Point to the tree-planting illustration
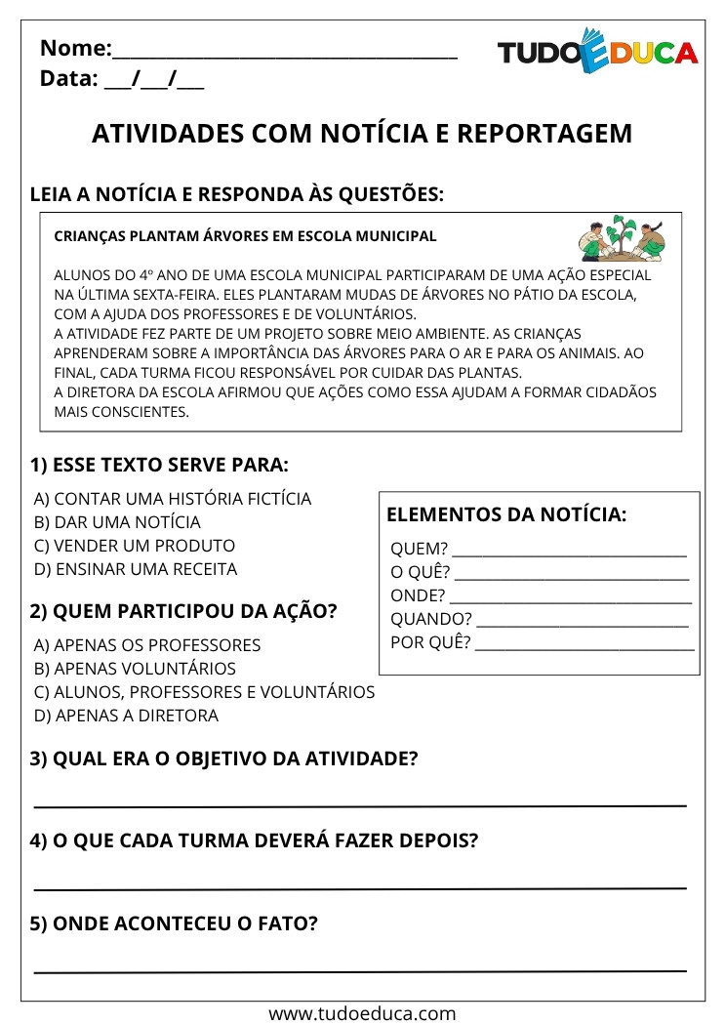click(620, 239)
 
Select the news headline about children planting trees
click(246, 236)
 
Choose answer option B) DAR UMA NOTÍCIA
click(117, 522)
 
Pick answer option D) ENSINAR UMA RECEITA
click(135, 569)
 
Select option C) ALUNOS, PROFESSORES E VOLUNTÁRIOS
click(204, 692)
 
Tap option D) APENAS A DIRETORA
click(126, 716)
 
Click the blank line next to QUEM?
click(570, 553)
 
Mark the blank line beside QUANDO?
click(583, 622)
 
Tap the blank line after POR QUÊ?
click(584, 645)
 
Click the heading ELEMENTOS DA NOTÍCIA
click(506, 515)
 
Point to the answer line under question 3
click(360, 804)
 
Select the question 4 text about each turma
click(254, 840)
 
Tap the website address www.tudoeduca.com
click(362, 1013)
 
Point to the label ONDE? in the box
click(418, 595)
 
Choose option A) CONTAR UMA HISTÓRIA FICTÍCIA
click(173, 499)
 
